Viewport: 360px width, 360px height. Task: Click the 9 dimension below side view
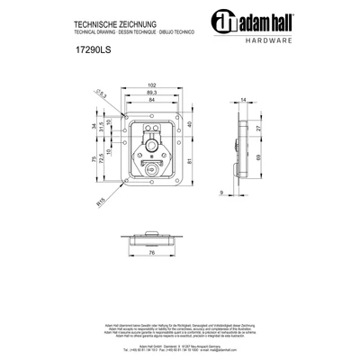tap(220, 192)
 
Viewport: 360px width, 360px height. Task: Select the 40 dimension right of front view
tap(191, 125)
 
